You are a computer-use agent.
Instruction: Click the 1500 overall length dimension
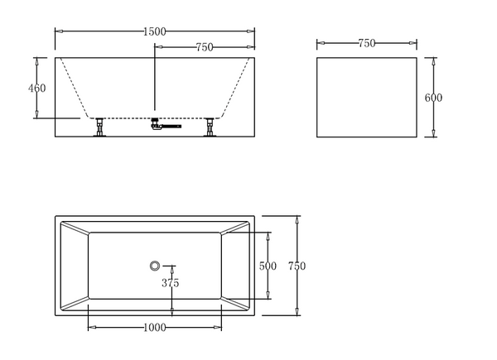click(x=155, y=31)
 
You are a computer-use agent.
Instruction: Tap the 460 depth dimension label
click(x=36, y=88)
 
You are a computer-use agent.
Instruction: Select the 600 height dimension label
click(x=433, y=98)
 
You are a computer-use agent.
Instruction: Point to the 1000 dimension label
click(x=155, y=328)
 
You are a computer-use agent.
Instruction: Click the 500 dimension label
click(x=268, y=266)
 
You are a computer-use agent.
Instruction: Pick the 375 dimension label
click(x=170, y=283)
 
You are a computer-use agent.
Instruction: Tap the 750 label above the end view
click(x=367, y=43)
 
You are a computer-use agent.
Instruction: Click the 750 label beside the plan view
click(x=297, y=266)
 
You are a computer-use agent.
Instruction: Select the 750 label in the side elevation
click(x=205, y=47)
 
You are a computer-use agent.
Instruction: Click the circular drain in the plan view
click(x=155, y=266)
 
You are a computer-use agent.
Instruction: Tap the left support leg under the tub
click(x=99, y=127)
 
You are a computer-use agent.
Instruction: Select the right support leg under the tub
click(x=210, y=127)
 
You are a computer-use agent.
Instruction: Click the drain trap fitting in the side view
click(x=166, y=123)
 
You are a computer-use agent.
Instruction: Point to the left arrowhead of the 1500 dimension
click(x=59, y=31)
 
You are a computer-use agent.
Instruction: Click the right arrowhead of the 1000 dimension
click(x=218, y=328)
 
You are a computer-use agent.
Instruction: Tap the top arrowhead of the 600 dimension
click(x=433, y=62)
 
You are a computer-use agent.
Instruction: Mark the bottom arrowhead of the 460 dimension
click(x=36, y=114)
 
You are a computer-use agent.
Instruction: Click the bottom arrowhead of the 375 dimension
click(x=171, y=311)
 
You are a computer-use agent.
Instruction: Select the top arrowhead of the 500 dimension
click(x=268, y=236)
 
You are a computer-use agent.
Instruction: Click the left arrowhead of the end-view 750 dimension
click(x=321, y=43)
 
